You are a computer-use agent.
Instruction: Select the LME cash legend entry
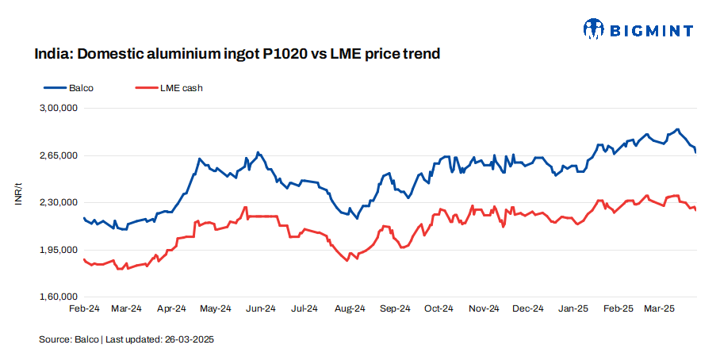[x=181, y=88]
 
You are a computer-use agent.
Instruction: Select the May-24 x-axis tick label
[x=216, y=308]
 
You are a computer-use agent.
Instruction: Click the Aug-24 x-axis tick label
[x=350, y=308]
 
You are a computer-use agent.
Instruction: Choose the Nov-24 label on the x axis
[x=484, y=308]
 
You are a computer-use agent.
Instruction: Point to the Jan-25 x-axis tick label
[x=573, y=308]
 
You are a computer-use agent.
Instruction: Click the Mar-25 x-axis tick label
[x=658, y=308]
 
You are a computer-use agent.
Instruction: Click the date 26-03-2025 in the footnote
[x=190, y=339]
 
